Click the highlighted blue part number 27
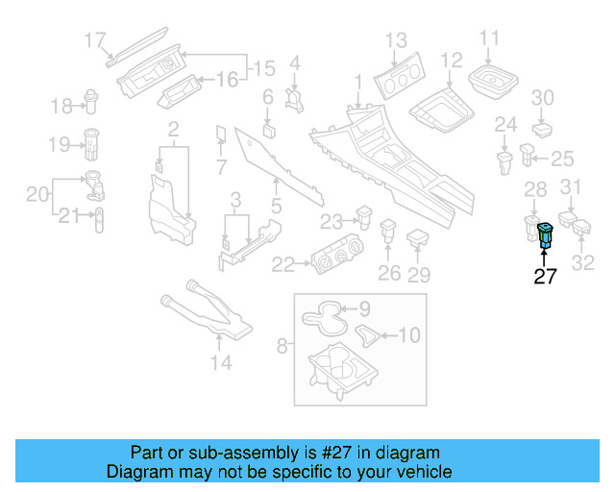(x=546, y=234)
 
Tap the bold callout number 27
(x=545, y=278)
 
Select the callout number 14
(x=221, y=362)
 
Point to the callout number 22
(x=283, y=263)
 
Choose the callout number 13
(x=396, y=40)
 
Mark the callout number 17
(x=94, y=40)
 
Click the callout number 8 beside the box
(x=282, y=343)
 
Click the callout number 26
(x=388, y=274)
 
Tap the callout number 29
(x=419, y=275)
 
